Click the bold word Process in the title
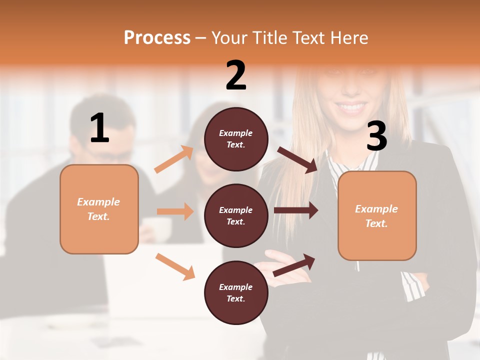click(x=157, y=38)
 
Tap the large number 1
click(x=99, y=128)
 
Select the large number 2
click(x=236, y=75)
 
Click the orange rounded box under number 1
click(x=99, y=209)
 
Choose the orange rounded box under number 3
click(x=377, y=215)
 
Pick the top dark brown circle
click(x=236, y=139)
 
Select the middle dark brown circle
click(x=236, y=215)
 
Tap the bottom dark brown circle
click(x=236, y=292)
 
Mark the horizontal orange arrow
click(x=175, y=211)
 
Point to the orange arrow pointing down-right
click(x=175, y=266)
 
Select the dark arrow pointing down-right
click(x=297, y=159)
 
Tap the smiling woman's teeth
click(x=353, y=106)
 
